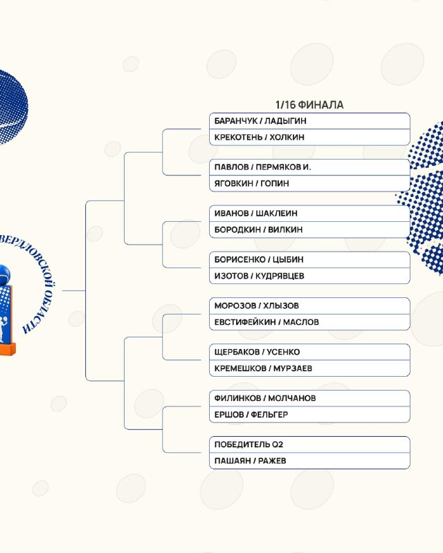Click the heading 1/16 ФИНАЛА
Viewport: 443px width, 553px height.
coord(309,105)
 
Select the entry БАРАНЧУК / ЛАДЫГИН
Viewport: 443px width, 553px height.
coord(260,121)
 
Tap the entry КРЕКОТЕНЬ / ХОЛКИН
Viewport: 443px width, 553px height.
coord(260,137)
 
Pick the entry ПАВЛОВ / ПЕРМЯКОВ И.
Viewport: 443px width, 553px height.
coord(262,167)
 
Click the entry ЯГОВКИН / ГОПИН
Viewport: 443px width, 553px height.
coord(251,183)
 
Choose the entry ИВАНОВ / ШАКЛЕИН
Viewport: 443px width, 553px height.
coord(256,214)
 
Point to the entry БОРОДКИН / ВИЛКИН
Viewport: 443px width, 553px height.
coord(258,229)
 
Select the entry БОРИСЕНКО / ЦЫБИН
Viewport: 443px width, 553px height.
coord(259,260)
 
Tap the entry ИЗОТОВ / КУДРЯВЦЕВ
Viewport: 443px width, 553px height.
coord(260,276)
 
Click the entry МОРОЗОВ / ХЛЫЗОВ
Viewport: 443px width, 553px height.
coord(257,306)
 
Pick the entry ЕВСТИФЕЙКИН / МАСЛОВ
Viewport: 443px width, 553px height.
coord(266,322)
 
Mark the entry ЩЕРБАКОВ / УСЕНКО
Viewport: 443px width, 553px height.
coord(257,352)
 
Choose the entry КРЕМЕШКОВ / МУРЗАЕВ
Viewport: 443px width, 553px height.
coord(263,368)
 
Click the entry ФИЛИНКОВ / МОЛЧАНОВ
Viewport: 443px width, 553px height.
coord(265,398)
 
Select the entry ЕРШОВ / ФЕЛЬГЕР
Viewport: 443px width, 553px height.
coord(251,414)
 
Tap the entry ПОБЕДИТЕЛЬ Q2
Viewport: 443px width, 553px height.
coord(248,444)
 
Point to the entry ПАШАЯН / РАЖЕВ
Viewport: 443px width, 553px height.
coord(250,460)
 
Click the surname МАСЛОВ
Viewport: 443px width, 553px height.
coord(301,322)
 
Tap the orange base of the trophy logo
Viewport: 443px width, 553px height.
coord(8,349)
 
